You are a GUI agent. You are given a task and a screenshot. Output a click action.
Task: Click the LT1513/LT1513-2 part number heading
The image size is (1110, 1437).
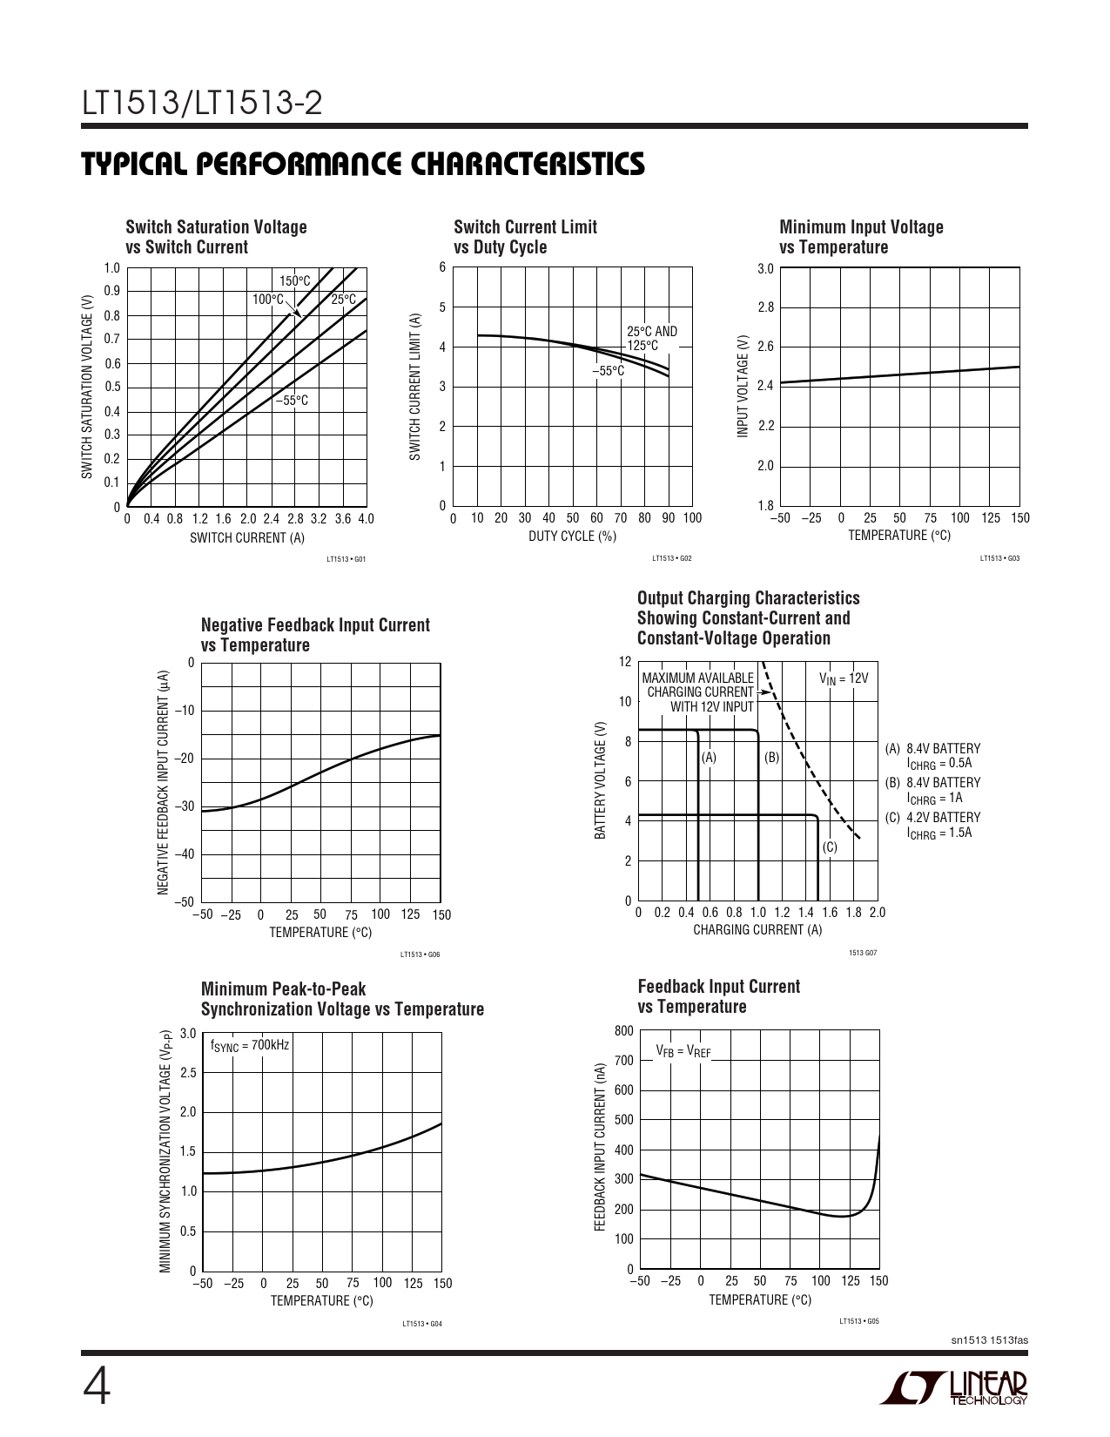point(202,105)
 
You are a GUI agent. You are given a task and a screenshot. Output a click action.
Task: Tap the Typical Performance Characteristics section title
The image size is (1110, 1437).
point(363,164)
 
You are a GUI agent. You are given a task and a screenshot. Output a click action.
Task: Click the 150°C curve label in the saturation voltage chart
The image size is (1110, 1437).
point(294,280)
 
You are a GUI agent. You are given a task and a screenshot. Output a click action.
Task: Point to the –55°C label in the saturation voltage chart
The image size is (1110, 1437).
point(292,401)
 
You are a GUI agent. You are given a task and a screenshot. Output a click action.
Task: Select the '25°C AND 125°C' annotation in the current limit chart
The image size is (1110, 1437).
point(651,339)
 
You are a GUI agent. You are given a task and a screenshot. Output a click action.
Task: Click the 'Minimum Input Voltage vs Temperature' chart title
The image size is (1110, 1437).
point(861,237)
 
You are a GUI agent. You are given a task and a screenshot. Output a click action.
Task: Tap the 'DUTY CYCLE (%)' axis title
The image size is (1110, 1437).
point(572,536)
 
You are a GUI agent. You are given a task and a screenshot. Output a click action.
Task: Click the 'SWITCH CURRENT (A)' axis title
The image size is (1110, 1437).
point(247,537)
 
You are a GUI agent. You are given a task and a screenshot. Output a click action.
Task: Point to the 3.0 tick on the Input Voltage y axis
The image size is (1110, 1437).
point(765,268)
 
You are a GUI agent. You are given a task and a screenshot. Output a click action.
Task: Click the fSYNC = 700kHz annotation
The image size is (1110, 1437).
point(250,1045)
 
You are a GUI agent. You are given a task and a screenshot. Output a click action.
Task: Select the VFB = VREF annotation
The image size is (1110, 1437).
point(683,1050)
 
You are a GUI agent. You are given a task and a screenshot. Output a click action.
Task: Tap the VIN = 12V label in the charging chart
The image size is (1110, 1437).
point(843,678)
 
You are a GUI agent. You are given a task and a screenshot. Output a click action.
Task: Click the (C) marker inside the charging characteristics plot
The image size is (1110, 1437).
point(830,847)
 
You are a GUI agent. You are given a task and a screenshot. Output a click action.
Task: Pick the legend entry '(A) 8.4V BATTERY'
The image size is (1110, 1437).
point(932,748)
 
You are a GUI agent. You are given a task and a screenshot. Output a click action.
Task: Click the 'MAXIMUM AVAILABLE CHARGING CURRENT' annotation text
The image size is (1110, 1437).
point(697,685)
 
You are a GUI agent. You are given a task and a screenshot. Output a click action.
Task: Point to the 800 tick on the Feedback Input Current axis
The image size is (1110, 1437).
point(623,1031)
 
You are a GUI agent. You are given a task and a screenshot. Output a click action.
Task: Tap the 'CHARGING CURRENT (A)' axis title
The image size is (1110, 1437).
point(757,929)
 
